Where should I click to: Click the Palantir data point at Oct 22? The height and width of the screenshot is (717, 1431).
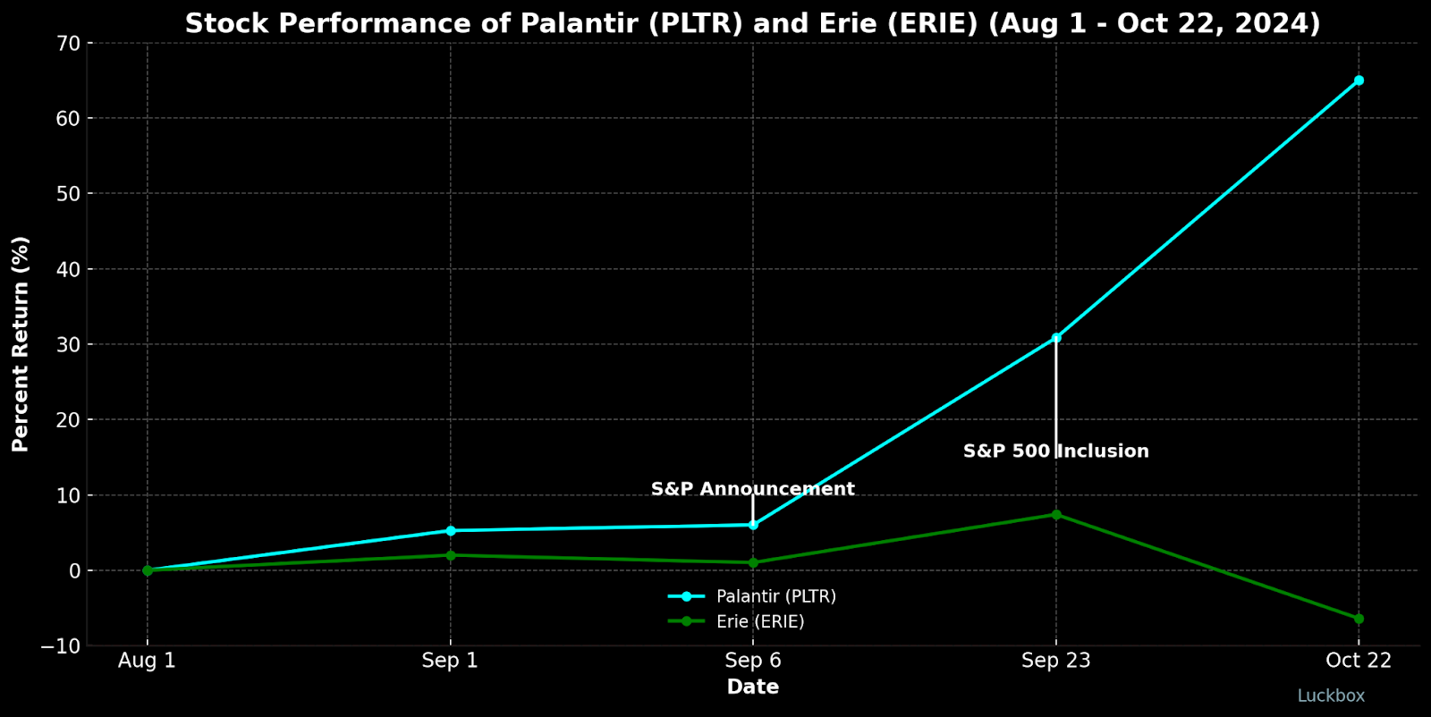pos(1359,80)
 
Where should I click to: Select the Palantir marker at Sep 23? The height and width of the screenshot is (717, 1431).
pos(1056,338)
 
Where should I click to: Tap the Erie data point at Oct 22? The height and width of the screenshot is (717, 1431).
pos(1359,619)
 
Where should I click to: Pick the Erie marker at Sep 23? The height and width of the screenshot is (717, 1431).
pos(1056,515)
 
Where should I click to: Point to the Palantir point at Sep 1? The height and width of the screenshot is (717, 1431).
pos(451,531)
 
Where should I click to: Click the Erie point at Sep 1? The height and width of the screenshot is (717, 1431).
pos(451,555)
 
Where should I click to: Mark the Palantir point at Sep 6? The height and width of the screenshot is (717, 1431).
pos(753,525)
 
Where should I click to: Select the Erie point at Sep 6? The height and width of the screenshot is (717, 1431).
pos(753,563)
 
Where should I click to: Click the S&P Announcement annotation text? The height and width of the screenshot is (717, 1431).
pos(752,489)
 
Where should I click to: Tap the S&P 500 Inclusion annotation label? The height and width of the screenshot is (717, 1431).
pos(1055,451)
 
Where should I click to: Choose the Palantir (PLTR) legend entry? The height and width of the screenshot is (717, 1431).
pos(775,596)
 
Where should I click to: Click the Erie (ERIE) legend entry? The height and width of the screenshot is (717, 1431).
pos(760,621)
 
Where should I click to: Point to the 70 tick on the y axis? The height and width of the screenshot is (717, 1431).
pos(70,43)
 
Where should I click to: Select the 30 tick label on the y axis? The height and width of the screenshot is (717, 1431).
pos(70,344)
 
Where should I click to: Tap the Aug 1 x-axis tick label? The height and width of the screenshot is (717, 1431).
pos(148,661)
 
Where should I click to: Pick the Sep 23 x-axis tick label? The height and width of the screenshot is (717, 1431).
pos(1055,661)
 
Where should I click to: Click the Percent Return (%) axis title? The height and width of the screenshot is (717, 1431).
pos(21,344)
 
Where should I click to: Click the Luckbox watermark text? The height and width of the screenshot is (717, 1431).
pos(1331,696)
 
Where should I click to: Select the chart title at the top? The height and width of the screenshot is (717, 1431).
pos(752,23)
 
